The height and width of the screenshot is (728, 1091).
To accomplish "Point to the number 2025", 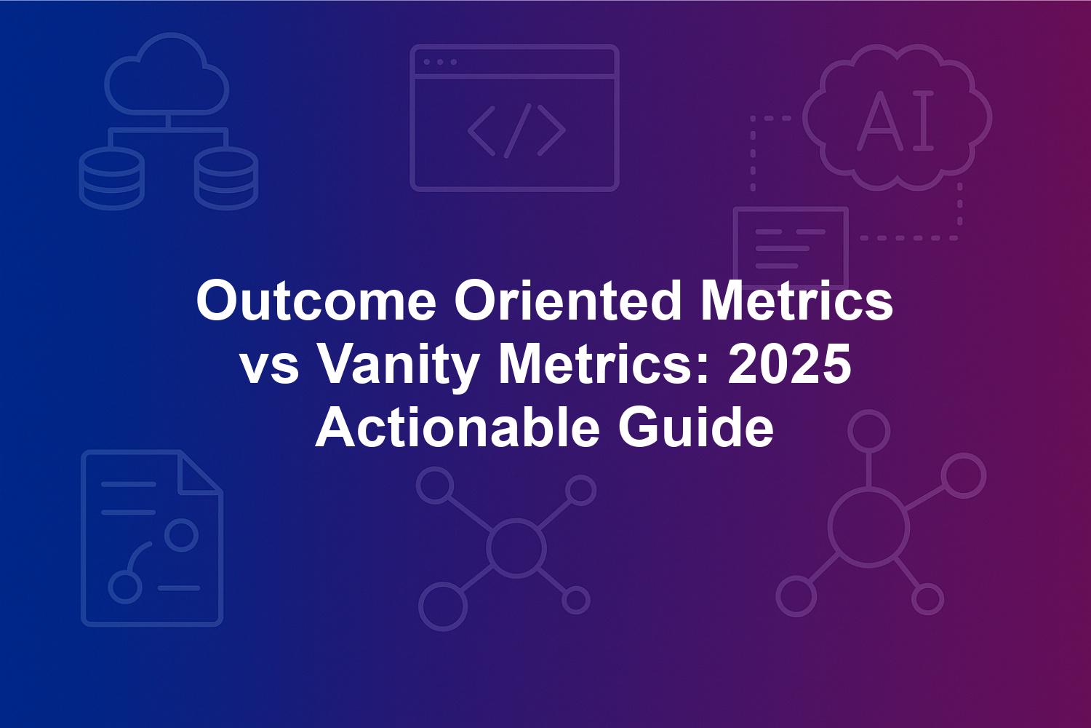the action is click(x=789, y=365).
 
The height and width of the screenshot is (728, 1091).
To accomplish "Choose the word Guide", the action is click(x=696, y=427).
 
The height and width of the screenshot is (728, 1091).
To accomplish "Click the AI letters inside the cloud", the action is click(x=895, y=120).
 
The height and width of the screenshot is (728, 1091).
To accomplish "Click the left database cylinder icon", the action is click(x=111, y=178).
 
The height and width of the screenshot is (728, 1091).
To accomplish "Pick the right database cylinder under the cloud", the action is click(x=226, y=178).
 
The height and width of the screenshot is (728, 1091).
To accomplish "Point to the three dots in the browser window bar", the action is click(x=440, y=62).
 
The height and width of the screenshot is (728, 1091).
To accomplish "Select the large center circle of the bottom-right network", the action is click(x=869, y=529).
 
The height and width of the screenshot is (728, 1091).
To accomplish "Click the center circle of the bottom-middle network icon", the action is click(x=516, y=547).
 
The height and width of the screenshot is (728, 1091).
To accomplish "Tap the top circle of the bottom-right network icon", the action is click(x=869, y=431).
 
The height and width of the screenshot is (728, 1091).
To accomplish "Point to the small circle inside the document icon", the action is click(x=181, y=534).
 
